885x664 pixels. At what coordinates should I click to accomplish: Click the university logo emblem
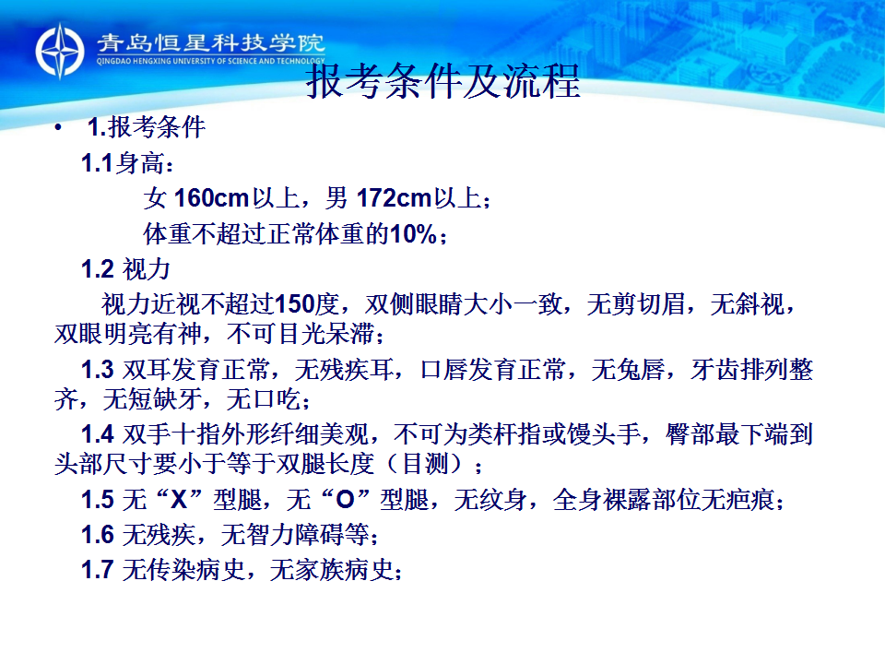point(60,51)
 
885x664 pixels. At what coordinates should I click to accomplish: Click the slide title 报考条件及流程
point(443,81)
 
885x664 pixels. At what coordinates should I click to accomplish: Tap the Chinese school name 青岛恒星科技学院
point(210,43)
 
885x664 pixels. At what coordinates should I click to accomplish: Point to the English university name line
point(210,61)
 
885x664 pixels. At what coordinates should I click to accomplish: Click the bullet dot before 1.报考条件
point(58,129)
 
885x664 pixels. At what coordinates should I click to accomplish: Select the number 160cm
point(212,198)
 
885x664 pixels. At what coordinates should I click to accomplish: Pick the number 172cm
point(394,198)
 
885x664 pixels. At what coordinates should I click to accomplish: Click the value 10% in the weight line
point(413,233)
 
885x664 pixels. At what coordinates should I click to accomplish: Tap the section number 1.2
point(97,269)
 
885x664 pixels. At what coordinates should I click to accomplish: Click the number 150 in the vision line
point(294,304)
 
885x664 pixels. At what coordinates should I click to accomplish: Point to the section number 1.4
point(97,434)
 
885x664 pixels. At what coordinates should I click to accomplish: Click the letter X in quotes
point(179,500)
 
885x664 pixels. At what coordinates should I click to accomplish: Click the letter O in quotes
point(345,500)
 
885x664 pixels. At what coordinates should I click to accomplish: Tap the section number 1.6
point(97,535)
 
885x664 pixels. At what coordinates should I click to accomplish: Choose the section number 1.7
point(97,570)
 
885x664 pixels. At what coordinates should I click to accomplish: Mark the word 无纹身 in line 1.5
point(491,500)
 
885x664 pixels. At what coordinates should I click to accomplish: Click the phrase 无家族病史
point(332,570)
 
